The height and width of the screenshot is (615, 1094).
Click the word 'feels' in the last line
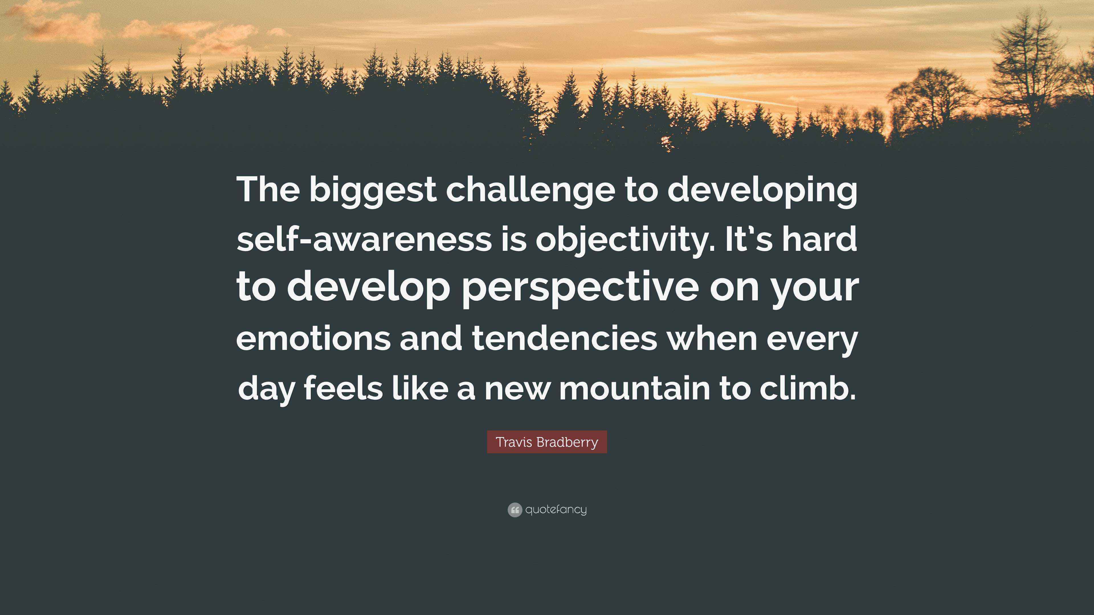(x=343, y=388)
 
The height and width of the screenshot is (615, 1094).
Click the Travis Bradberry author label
(x=547, y=442)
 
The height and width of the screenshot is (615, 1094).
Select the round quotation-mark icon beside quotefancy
(x=514, y=510)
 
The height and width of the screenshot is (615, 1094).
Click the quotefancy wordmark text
(x=556, y=509)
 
